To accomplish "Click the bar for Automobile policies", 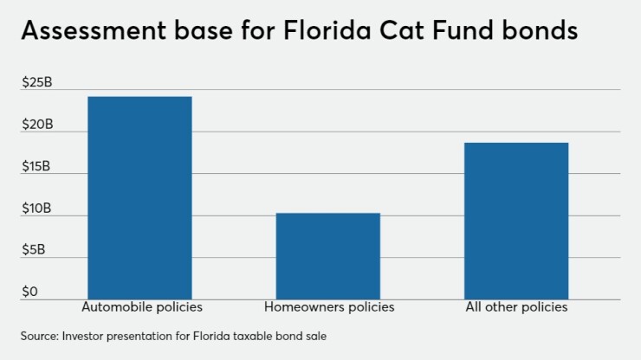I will click(x=139, y=197).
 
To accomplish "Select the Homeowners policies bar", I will click(x=327, y=255).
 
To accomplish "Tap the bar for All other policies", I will click(x=516, y=221).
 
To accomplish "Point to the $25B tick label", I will click(x=37, y=83).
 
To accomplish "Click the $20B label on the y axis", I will click(x=37, y=125).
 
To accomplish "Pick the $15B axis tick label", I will click(x=37, y=166).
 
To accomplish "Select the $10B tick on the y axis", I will click(x=37, y=209).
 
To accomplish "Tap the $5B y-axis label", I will click(x=35, y=250).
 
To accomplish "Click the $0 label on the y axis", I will click(x=29, y=292).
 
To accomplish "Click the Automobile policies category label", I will click(x=141, y=307).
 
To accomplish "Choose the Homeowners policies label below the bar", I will click(x=328, y=307).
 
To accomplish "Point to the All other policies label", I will click(x=515, y=307).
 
